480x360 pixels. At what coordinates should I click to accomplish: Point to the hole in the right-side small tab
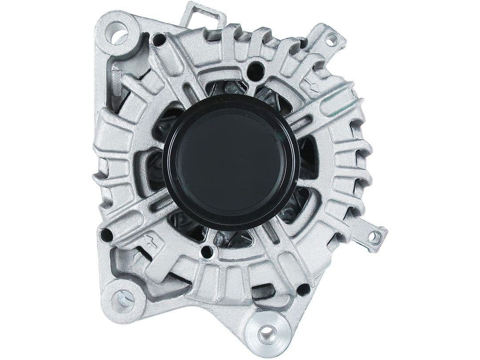(x=375, y=237)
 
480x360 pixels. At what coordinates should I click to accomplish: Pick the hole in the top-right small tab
(x=331, y=40)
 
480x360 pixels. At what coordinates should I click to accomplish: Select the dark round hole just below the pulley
(x=207, y=252)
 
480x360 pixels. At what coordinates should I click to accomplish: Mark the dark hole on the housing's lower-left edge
(x=106, y=235)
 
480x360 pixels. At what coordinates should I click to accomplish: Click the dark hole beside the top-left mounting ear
(x=159, y=40)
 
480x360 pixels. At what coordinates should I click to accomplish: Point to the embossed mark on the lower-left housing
(x=151, y=240)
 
